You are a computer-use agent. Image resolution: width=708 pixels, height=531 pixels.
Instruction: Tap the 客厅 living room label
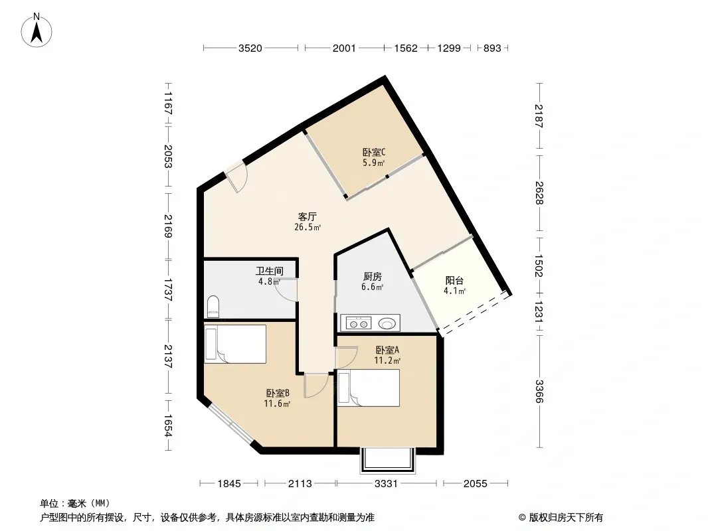308,217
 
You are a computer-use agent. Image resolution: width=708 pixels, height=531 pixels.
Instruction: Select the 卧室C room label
374,153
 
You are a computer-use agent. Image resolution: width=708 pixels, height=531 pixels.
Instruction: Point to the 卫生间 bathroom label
270,271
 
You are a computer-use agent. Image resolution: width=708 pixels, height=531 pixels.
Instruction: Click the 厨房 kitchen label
373,277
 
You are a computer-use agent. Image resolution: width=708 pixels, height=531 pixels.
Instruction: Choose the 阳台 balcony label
454,281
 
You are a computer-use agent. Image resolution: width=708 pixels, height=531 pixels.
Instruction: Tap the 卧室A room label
387,350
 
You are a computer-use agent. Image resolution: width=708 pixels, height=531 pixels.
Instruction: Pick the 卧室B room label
278,394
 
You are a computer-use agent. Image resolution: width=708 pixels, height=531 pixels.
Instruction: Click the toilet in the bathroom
213,307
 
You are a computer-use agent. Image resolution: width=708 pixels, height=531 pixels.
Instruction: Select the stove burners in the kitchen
359,323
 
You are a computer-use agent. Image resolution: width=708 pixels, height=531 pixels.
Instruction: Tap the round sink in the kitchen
387,323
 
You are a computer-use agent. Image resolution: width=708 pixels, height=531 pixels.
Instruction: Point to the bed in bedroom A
369,388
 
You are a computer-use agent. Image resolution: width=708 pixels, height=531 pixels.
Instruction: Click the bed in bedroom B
235,344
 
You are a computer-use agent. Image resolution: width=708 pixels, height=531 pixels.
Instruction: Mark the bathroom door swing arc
284,293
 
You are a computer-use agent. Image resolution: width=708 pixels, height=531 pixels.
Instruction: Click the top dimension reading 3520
250,48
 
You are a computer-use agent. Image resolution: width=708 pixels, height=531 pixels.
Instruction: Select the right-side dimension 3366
539,391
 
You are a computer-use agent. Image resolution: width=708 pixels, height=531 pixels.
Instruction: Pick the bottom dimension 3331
386,484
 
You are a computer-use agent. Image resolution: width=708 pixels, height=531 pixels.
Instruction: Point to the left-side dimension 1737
168,289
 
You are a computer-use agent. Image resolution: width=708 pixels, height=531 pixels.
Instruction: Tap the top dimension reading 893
492,48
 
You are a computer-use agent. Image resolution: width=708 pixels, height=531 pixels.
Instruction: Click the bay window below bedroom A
387,460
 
